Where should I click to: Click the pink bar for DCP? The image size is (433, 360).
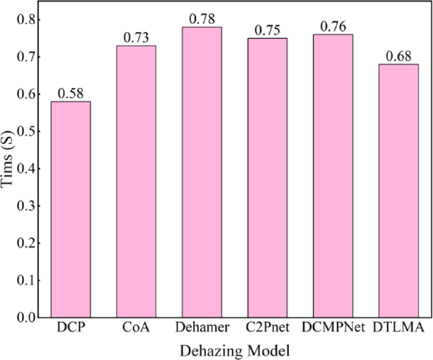point(70,209)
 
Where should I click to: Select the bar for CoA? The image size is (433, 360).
point(136,181)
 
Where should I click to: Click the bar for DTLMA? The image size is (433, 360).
point(399,190)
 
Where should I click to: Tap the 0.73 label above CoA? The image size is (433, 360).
point(136,38)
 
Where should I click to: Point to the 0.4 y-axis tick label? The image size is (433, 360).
point(28,169)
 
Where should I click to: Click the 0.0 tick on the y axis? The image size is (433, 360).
point(28,317)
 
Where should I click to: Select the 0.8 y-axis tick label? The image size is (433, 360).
point(28,20)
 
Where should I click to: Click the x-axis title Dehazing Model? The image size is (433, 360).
point(235,349)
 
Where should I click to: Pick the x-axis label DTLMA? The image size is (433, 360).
point(399,328)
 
